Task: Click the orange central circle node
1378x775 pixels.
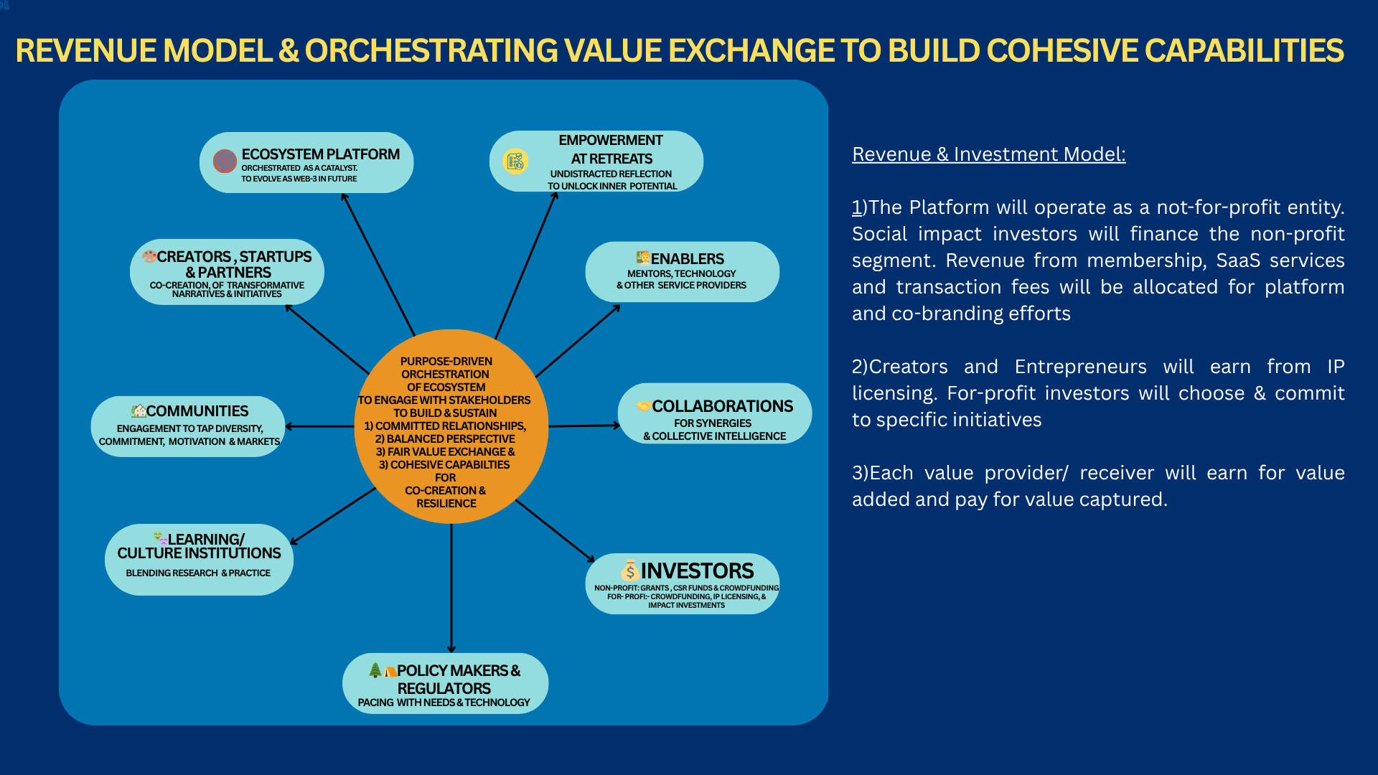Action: point(451,427)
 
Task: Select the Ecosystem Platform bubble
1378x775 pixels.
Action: point(306,163)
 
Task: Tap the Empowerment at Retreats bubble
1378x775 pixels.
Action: point(596,161)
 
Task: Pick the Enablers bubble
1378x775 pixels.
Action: point(682,272)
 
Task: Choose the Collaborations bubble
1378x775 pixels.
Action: point(715,413)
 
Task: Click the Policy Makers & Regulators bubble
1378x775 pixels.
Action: point(445,683)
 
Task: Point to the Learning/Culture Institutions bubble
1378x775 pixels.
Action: point(199,560)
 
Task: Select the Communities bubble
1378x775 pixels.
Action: point(188,426)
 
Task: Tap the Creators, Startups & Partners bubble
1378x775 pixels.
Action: point(227,273)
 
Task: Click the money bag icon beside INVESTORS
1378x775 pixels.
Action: point(629,570)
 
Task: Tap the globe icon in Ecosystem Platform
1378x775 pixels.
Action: point(225,161)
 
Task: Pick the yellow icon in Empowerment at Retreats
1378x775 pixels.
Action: point(515,161)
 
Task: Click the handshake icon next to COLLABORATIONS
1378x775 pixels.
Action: point(643,406)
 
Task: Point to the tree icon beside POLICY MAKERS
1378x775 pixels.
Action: point(375,670)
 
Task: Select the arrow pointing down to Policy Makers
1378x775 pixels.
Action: point(451,588)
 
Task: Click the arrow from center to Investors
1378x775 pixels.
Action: point(555,531)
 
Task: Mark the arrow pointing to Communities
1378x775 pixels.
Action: point(319,426)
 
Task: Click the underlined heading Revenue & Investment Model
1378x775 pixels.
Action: point(988,154)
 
